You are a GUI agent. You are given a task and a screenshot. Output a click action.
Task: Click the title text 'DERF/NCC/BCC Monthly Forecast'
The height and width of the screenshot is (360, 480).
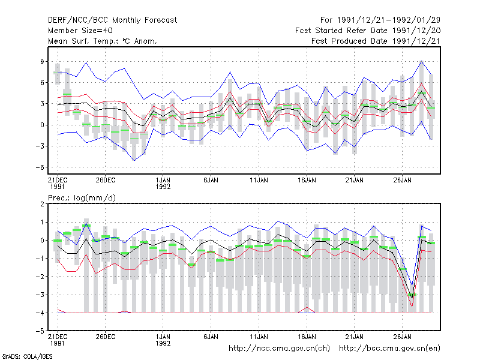click(112, 20)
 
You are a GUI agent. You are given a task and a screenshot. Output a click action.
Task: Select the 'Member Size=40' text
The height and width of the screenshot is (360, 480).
click(80, 31)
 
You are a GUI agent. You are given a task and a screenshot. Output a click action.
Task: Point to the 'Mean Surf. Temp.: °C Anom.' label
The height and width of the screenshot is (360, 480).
click(102, 41)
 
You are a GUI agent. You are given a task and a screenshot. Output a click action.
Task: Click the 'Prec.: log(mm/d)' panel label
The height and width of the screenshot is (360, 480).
click(82, 198)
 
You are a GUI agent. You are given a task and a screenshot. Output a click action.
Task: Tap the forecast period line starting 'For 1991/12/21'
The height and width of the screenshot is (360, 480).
click(380, 20)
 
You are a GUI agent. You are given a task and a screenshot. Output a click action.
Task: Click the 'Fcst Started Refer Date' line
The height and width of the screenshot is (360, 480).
click(368, 31)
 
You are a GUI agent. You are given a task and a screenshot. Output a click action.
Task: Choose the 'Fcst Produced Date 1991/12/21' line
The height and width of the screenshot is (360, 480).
click(376, 41)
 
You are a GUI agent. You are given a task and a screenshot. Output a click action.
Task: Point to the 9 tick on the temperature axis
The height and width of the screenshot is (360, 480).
click(42, 62)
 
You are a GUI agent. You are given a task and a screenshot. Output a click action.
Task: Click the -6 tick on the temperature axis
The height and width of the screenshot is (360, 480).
click(40, 167)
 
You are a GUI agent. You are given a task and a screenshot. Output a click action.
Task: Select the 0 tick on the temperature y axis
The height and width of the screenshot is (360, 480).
click(42, 125)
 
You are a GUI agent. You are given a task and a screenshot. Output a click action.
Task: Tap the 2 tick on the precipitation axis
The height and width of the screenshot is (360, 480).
click(42, 204)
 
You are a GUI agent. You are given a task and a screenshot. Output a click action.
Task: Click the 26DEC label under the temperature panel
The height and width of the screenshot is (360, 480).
click(106, 181)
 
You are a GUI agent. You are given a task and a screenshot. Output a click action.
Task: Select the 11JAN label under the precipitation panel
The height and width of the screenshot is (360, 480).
click(259, 337)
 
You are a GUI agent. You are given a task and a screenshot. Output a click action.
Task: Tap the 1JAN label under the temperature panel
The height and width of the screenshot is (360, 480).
click(163, 181)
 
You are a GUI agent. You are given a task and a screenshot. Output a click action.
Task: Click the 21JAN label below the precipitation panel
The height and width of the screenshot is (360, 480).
click(355, 337)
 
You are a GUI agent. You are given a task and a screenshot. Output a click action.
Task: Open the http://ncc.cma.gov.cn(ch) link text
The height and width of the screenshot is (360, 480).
click(279, 349)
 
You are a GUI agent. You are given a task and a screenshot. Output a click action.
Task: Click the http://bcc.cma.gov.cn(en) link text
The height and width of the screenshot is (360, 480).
click(389, 349)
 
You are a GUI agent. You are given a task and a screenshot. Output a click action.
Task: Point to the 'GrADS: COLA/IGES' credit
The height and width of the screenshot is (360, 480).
click(27, 356)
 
